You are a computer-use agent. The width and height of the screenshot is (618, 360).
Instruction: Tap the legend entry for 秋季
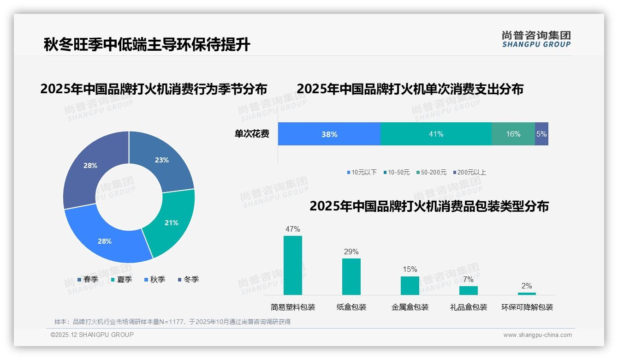pos(155,279)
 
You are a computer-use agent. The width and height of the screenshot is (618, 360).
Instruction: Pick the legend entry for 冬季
pos(188,279)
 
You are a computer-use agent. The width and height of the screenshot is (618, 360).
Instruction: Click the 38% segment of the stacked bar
pos(329,134)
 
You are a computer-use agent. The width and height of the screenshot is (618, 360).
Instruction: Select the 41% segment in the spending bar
pos(436,134)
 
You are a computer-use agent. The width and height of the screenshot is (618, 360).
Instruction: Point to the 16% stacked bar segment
pos(513,134)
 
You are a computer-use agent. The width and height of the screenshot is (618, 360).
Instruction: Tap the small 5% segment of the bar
pos(541,134)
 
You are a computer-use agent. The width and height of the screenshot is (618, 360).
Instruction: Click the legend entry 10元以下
pos(362,172)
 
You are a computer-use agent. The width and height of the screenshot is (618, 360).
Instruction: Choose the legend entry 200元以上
pos(469,172)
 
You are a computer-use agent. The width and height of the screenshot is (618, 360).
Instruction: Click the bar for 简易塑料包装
pos(293,265)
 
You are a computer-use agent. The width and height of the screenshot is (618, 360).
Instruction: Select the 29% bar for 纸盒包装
pos(351,276)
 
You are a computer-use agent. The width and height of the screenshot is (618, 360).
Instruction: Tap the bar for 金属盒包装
pos(410,285)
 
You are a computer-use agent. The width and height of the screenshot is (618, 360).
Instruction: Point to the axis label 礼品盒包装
pos(469,307)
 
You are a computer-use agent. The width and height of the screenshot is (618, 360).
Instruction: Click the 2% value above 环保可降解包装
pos(527,286)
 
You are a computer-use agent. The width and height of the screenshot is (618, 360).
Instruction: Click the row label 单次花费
pos(252,134)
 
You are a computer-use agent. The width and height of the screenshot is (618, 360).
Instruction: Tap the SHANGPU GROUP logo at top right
pos(536,39)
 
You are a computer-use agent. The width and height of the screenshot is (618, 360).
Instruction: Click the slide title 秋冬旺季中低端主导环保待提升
pos(147,45)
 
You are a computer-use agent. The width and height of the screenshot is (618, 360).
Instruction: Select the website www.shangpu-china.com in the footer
pos(537,335)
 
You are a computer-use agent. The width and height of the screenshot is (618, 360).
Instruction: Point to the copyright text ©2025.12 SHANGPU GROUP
pos(92,335)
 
